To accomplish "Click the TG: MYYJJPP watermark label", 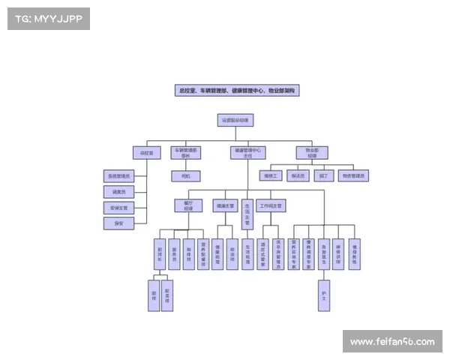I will (48, 19).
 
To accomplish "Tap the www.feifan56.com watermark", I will (392, 342).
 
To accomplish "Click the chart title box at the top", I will (237, 90).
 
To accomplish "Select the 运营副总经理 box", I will (236, 120).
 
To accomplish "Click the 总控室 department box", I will (147, 153).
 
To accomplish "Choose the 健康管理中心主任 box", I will (247, 153).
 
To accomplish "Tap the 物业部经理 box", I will (311, 153).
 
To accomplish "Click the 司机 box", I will (185, 176).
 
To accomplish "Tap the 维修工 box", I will (271, 176).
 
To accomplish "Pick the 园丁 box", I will (323, 176).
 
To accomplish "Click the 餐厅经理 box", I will (188, 205).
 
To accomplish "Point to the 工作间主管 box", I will (271, 205).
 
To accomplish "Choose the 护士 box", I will (324, 295).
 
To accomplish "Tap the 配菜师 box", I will (167, 295).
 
